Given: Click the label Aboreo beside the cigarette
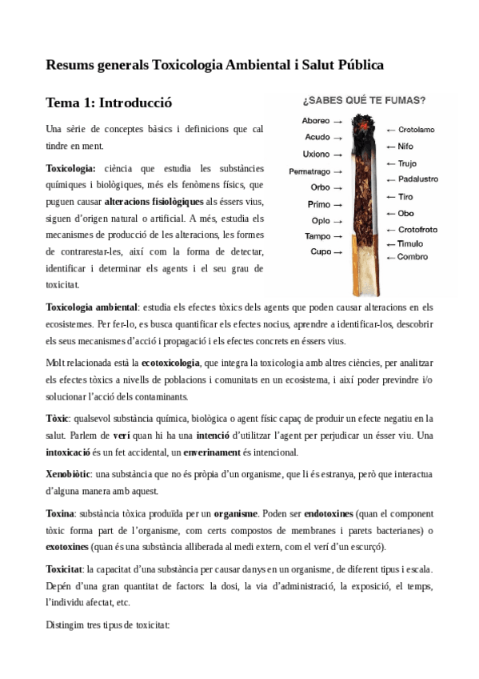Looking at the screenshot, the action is pos(316,121).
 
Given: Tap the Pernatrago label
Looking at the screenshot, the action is pos(309,171).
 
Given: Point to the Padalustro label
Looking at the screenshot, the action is pos(417,179).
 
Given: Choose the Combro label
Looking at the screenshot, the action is pos(413,257).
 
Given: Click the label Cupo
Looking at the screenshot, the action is pos(321,252).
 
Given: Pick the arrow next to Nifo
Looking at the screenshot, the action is pos(390,147).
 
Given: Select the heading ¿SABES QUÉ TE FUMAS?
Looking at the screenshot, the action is pos(363,101).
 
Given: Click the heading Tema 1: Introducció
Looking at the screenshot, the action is pos(109,103).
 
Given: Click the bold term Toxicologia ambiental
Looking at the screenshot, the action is pos(92,307).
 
